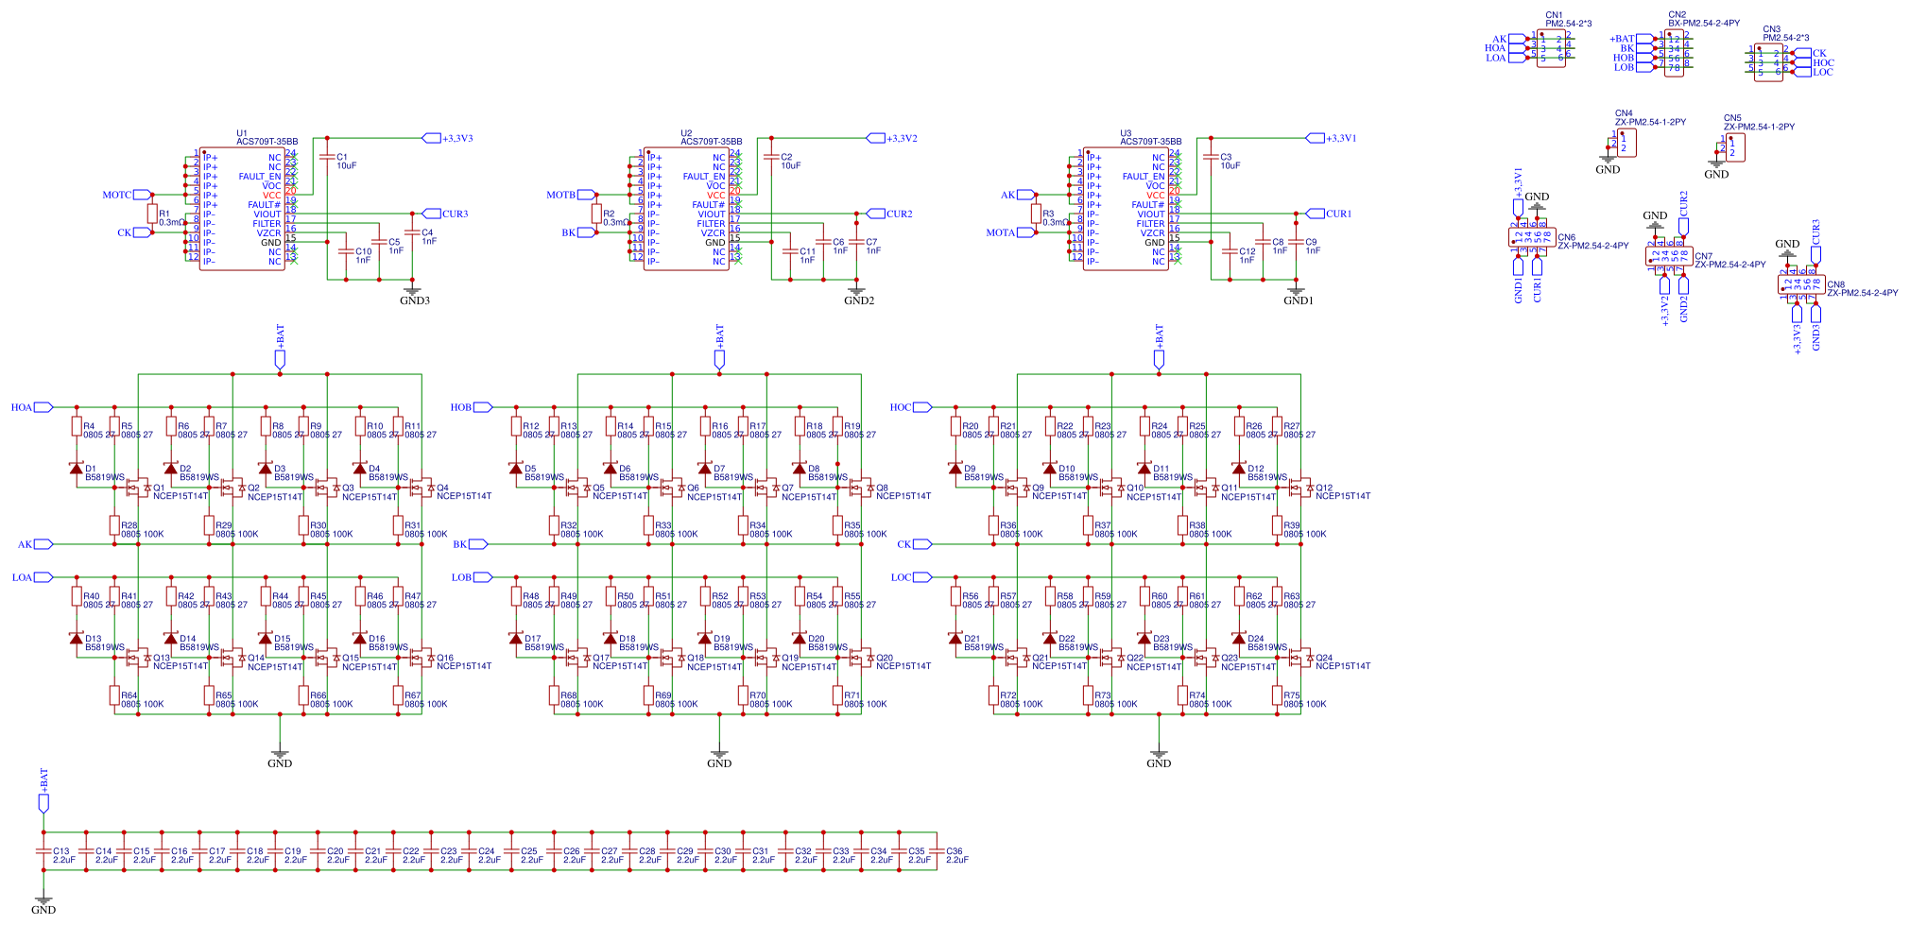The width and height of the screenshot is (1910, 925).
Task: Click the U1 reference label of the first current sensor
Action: click(241, 133)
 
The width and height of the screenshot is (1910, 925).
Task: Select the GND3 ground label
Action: click(414, 300)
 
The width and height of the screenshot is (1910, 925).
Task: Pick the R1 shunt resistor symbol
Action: click(152, 214)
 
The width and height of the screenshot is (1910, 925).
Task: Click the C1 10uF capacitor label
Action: click(341, 158)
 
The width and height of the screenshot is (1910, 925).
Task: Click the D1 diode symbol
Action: click(77, 468)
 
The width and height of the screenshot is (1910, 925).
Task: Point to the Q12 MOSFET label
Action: click(1324, 488)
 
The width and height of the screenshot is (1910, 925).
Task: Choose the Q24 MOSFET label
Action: click(1324, 658)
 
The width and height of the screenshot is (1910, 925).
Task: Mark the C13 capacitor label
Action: click(60, 851)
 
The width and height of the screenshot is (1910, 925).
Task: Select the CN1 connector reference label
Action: click(1554, 15)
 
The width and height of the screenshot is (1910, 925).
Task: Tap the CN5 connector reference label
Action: click(1731, 119)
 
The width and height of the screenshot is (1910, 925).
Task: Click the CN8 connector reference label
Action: click(1834, 284)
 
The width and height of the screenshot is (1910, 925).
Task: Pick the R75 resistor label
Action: click(1291, 695)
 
